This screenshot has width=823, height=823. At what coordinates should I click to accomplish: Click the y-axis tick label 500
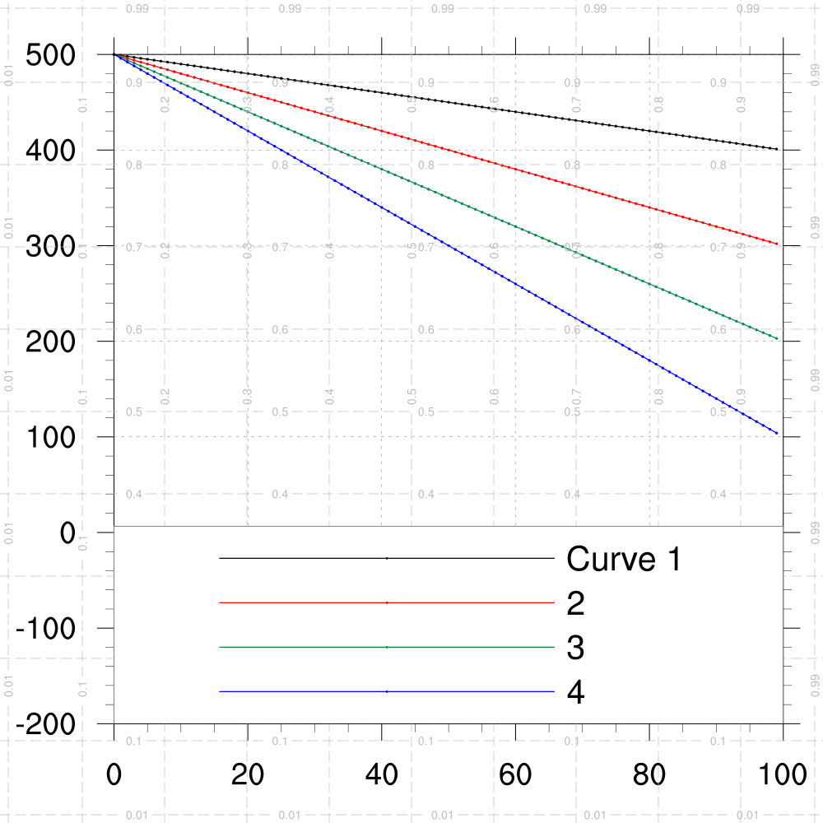pyautogui.click(x=51, y=56)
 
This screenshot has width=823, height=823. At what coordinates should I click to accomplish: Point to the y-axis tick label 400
pyautogui.click(x=51, y=151)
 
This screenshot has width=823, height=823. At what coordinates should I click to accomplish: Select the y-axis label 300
pyautogui.click(x=51, y=247)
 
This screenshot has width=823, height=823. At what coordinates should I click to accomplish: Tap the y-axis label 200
pyautogui.click(x=51, y=342)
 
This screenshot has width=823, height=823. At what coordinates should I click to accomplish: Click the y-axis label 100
pyautogui.click(x=51, y=438)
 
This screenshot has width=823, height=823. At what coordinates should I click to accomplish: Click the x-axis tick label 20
pyautogui.click(x=248, y=776)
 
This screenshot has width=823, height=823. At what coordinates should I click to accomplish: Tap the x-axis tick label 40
pyautogui.click(x=382, y=776)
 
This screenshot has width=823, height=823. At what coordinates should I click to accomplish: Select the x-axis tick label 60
pyautogui.click(x=516, y=776)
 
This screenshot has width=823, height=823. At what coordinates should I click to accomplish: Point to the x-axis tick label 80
pyautogui.click(x=650, y=776)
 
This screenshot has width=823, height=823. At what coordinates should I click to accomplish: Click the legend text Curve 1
pyautogui.click(x=624, y=560)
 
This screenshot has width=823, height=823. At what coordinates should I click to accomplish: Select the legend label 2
pyautogui.click(x=576, y=605)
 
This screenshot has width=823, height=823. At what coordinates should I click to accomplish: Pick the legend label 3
pyautogui.click(x=576, y=649)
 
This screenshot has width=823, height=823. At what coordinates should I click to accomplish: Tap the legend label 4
pyautogui.click(x=576, y=694)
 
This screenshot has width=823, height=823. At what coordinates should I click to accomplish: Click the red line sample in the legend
pyautogui.click(x=387, y=603)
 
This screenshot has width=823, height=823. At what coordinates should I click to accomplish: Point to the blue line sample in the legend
pyautogui.click(x=387, y=692)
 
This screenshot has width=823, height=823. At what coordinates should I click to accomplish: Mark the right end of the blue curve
pyautogui.click(x=776, y=433)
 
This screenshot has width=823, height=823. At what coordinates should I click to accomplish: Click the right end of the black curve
pyautogui.click(x=776, y=149)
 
